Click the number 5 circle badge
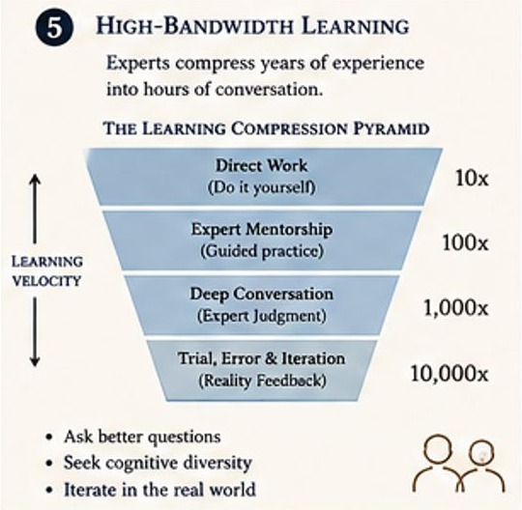click(54, 28)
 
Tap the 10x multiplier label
click(472, 179)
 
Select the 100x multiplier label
click(465, 242)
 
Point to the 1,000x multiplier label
click(455, 308)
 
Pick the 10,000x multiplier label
click(449, 373)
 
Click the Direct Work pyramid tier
click(264, 177)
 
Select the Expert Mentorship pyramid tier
click(261, 241)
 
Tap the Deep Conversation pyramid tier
click(261, 304)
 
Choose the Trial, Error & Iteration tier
click(262, 370)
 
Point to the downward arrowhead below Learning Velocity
click(35, 361)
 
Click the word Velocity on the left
click(46, 281)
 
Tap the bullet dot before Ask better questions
click(50, 437)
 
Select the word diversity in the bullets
click(217, 463)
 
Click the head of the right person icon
click(481, 453)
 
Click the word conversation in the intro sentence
click(269, 90)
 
